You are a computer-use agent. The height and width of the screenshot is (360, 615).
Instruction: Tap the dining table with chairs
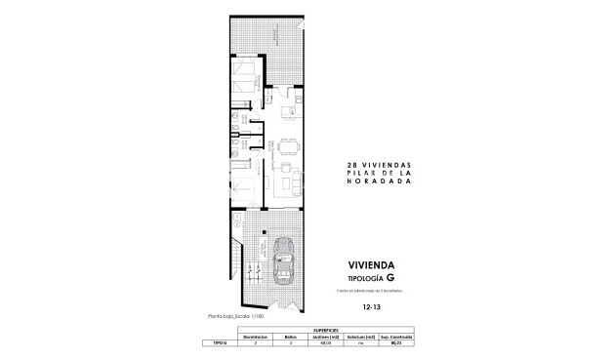[285, 149]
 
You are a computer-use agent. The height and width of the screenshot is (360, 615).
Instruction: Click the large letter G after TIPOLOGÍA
[390, 278]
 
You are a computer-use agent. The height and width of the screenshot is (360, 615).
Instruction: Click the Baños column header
[291, 337]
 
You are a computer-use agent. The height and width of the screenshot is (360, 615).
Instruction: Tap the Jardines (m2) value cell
[331, 343]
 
